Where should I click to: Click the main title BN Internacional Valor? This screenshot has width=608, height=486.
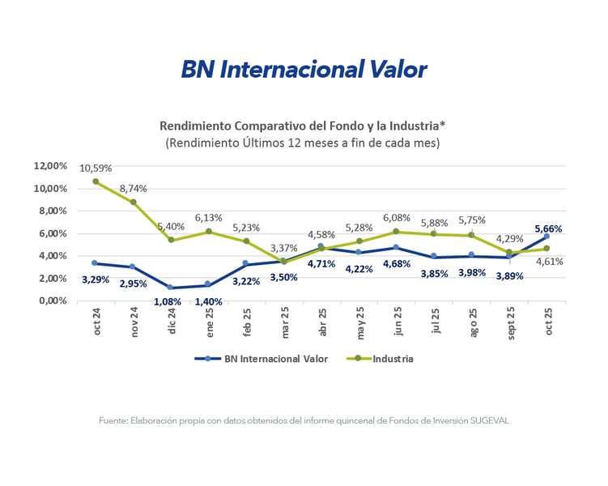(304, 70)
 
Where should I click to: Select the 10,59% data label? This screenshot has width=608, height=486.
(96, 168)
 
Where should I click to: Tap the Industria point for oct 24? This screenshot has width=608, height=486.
(96, 181)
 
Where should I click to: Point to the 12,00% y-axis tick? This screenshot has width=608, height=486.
(51, 166)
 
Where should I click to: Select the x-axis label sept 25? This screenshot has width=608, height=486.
(508, 322)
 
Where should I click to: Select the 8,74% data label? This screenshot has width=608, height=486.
(134, 188)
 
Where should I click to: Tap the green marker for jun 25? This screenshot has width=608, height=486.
(396, 232)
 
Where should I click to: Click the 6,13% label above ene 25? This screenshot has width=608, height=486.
(209, 218)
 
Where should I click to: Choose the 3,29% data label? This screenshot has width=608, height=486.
(96, 279)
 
